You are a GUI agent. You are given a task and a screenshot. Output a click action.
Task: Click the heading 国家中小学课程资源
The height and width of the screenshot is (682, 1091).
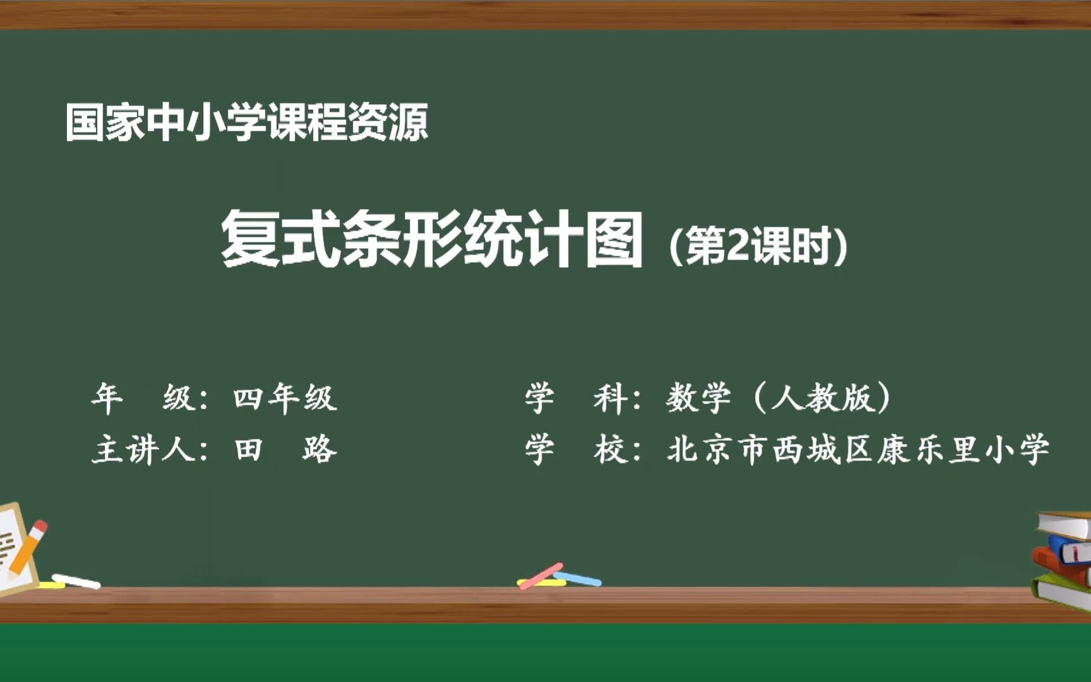246,122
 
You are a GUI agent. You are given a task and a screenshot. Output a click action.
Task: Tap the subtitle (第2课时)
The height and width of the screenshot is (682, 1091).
758,246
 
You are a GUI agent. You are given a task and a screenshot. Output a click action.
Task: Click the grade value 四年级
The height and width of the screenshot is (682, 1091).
285,398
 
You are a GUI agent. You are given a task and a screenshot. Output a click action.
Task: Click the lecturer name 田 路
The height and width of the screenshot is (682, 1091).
285,450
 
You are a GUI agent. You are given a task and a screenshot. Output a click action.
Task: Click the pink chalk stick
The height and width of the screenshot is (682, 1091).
541,575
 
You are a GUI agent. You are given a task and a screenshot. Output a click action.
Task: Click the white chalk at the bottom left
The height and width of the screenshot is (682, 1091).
76,580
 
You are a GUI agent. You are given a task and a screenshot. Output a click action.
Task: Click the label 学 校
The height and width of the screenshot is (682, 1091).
575,450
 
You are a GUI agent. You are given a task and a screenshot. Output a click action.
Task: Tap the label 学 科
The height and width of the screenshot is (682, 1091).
575,398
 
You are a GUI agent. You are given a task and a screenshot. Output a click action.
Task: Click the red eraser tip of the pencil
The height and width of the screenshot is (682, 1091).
40,526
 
